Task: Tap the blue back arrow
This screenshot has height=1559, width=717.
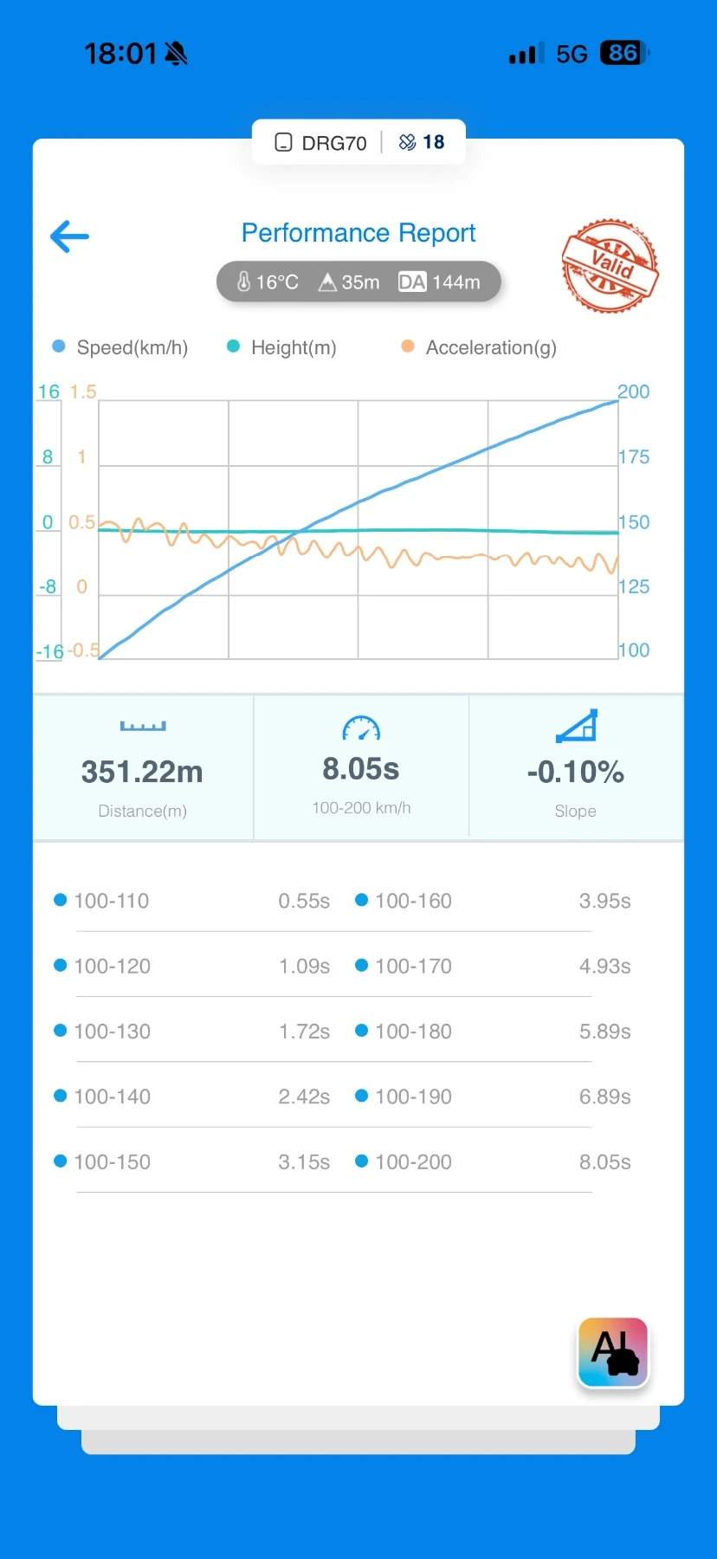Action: (x=70, y=236)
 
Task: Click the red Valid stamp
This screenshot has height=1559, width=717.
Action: (x=610, y=265)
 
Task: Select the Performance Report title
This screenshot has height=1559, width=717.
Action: (x=358, y=233)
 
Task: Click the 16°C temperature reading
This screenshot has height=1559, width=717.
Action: (x=268, y=282)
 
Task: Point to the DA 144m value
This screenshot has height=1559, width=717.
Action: (x=439, y=282)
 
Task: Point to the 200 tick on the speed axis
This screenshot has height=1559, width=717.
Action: (x=633, y=391)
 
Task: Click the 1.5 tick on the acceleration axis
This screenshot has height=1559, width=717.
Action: (x=83, y=391)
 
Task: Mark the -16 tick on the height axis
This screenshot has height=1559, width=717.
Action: (x=49, y=651)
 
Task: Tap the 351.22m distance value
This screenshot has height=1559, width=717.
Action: (x=142, y=772)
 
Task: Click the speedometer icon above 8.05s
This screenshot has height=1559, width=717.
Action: (x=361, y=728)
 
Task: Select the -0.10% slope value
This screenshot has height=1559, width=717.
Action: (x=576, y=772)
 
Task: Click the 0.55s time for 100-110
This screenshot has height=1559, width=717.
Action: (x=304, y=901)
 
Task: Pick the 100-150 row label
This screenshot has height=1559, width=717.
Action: (x=113, y=1161)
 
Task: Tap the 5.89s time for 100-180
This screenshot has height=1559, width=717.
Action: (x=604, y=1032)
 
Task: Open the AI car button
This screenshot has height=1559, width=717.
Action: (x=613, y=1352)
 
